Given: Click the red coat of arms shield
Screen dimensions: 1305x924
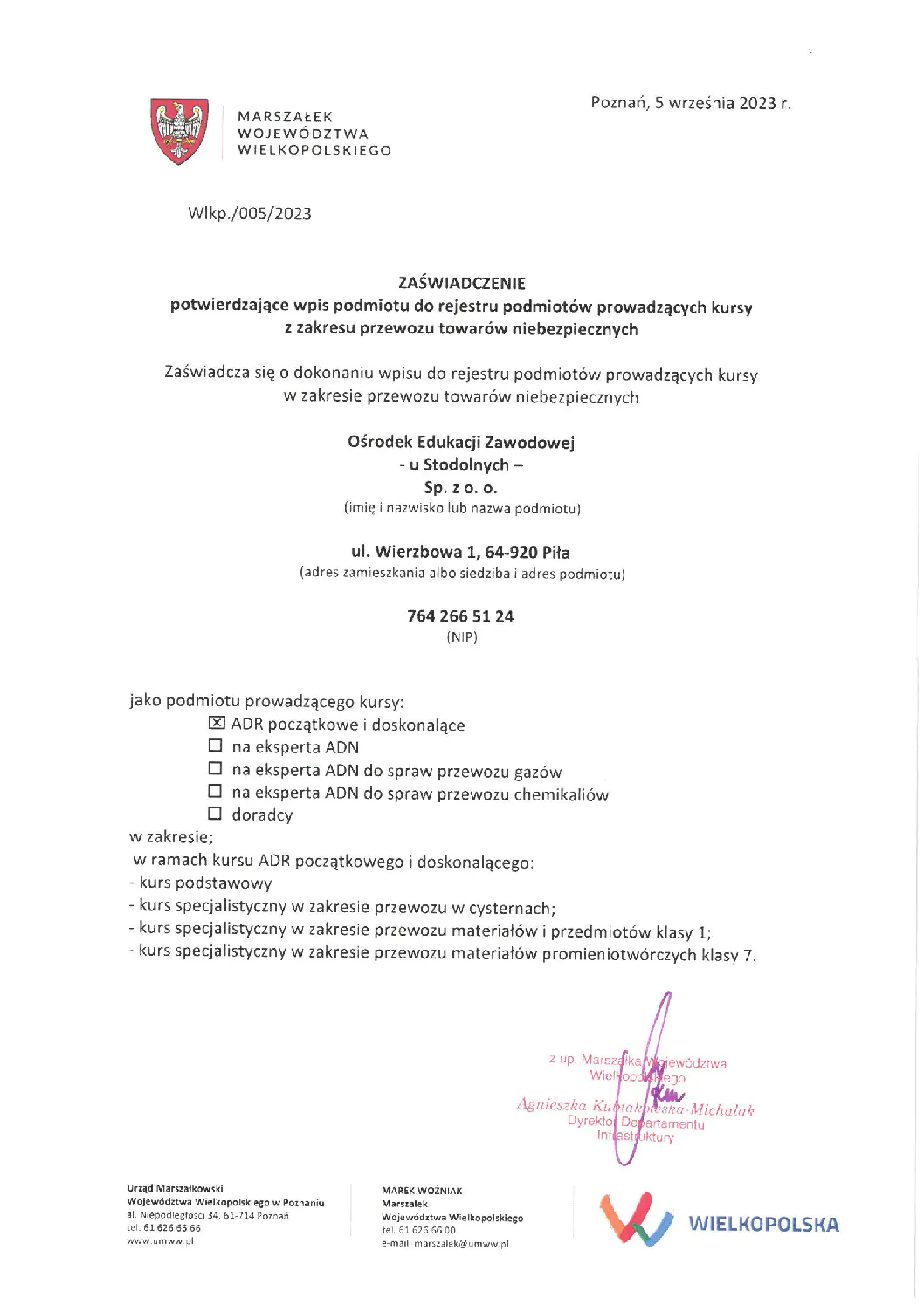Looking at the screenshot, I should point(180,131).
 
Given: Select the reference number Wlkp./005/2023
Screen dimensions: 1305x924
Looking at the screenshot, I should point(250,214).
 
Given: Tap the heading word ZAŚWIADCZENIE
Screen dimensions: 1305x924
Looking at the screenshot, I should point(461,283).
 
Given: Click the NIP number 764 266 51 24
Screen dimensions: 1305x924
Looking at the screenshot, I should point(460,616).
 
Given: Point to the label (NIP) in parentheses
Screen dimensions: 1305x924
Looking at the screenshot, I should point(462,637).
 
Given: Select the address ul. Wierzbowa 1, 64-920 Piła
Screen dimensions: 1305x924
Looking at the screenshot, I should point(460,552).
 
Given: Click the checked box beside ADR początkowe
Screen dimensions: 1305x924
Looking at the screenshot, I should point(217,723).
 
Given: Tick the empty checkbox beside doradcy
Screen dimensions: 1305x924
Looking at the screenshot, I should point(215,814).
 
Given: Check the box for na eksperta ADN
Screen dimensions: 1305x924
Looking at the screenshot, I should point(215,745).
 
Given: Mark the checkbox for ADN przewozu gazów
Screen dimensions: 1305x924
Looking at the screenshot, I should point(215,768).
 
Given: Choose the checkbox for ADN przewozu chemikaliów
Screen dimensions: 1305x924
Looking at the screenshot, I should point(215,791).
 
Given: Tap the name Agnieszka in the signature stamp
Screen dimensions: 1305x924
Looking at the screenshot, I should point(551,1105).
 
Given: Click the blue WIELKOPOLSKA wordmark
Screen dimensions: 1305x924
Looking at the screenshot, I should point(763,1224).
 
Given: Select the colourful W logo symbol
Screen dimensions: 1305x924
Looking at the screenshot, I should point(636,1218).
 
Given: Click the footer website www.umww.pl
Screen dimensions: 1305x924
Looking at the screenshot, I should point(160,1240).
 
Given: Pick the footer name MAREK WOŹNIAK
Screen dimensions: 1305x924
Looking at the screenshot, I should point(422,1191).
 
